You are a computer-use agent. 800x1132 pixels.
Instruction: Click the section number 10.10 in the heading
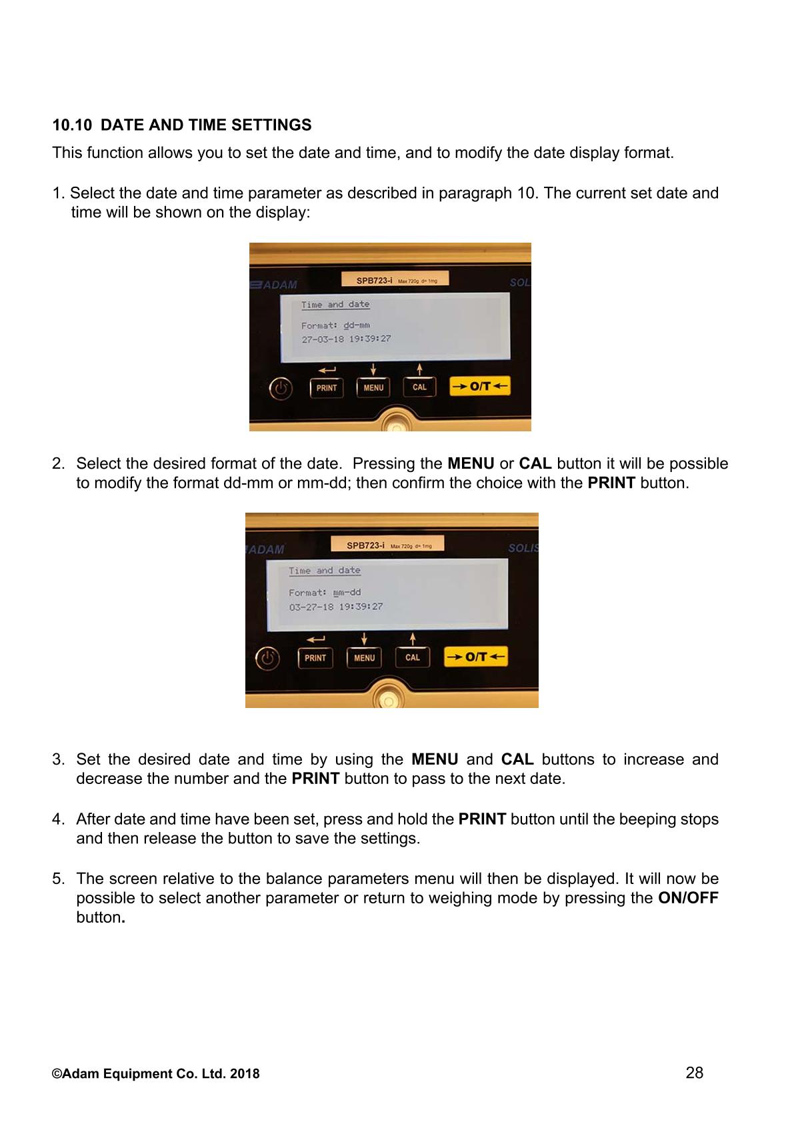coord(72,125)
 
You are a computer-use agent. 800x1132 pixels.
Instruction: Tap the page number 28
coord(695,1073)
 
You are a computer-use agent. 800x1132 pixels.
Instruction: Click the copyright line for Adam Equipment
coord(155,1074)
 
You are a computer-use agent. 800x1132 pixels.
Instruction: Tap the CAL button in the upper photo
coord(419,387)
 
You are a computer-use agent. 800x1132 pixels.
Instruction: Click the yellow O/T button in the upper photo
coord(479,386)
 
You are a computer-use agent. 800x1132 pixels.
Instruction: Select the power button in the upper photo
coord(281,389)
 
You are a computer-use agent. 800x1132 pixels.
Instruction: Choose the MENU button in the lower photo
coord(364,657)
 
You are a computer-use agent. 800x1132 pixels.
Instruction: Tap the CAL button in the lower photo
coord(413,657)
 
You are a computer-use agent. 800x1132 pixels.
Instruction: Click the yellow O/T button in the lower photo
coord(475,657)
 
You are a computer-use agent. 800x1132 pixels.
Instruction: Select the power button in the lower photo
coord(267,659)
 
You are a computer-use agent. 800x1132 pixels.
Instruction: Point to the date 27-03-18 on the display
coord(323,339)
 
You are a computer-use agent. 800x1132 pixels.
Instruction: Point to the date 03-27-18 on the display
coord(311,607)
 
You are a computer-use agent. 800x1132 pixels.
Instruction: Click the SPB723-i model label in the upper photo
coord(374,280)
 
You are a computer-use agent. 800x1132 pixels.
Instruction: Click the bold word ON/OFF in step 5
coord(688,897)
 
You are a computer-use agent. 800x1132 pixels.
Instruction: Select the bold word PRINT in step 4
coord(482,819)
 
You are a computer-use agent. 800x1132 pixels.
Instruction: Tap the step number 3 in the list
coord(58,759)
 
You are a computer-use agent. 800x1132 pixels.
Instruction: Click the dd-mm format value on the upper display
coord(356,325)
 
